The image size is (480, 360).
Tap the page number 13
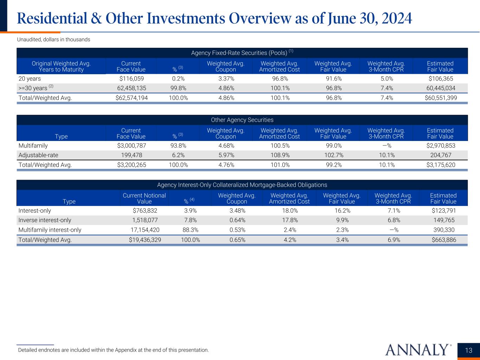[469, 350]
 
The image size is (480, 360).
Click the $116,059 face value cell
[131, 79]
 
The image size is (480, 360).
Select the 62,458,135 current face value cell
[131, 88]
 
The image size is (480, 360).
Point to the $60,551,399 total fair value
[441, 98]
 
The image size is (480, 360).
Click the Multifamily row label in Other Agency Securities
[33, 146]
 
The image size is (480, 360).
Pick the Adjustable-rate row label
[38, 155]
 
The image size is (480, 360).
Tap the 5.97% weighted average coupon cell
[226, 155]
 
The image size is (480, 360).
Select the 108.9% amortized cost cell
[280, 155]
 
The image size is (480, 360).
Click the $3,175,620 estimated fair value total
[441, 165]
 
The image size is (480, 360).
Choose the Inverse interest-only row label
[45, 220]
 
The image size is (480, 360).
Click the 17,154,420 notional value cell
[144, 230]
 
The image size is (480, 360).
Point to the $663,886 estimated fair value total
[443, 240]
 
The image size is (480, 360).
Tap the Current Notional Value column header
[144, 198]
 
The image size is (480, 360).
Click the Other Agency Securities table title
[242, 120]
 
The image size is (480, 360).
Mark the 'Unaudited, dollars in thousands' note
[54, 40]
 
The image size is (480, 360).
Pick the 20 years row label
[30, 79]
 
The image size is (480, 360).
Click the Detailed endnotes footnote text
[113, 350]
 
